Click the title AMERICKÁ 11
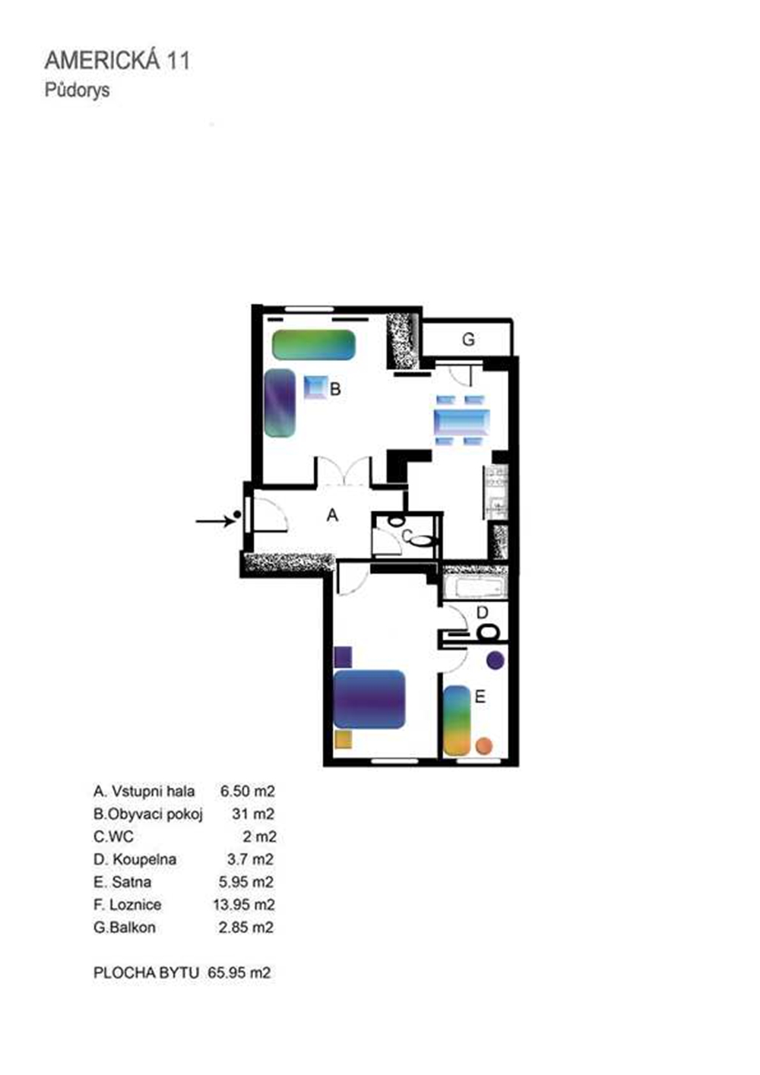118,61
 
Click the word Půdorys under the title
77,90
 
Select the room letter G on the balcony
468,340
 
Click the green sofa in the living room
314,345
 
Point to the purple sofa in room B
280,403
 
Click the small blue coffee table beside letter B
315,387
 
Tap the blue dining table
462,421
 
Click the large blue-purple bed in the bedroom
369,700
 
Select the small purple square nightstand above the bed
343,657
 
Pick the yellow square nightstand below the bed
343,739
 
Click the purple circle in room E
495,660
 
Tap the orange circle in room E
484,746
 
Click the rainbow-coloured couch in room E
457,721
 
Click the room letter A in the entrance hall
332,515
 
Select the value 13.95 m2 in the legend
244,905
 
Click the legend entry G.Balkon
125,928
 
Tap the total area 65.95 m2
239,973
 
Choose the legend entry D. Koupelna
135,859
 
